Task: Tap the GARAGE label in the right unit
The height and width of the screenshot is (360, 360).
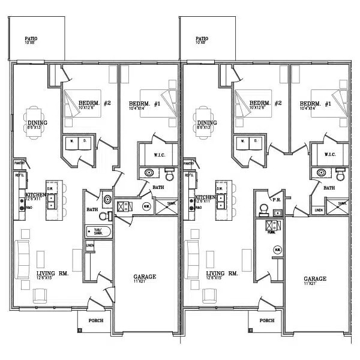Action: coord(314,278)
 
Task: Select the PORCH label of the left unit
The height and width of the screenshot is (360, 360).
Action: coord(95,320)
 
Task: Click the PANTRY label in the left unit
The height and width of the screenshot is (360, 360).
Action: coord(19,163)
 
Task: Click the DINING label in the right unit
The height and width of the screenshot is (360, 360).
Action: coord(206,122)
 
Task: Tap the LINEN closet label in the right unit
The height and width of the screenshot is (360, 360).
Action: coord(318,210)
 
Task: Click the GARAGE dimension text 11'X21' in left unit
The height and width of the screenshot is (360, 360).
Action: coord(144,282)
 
